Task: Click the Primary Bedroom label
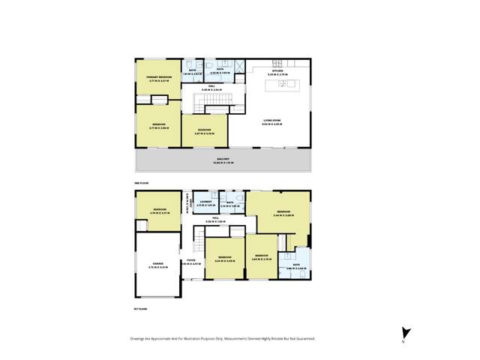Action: pos(158,77)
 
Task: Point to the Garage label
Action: pos(158,264)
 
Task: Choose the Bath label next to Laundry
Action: pos(230,202)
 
